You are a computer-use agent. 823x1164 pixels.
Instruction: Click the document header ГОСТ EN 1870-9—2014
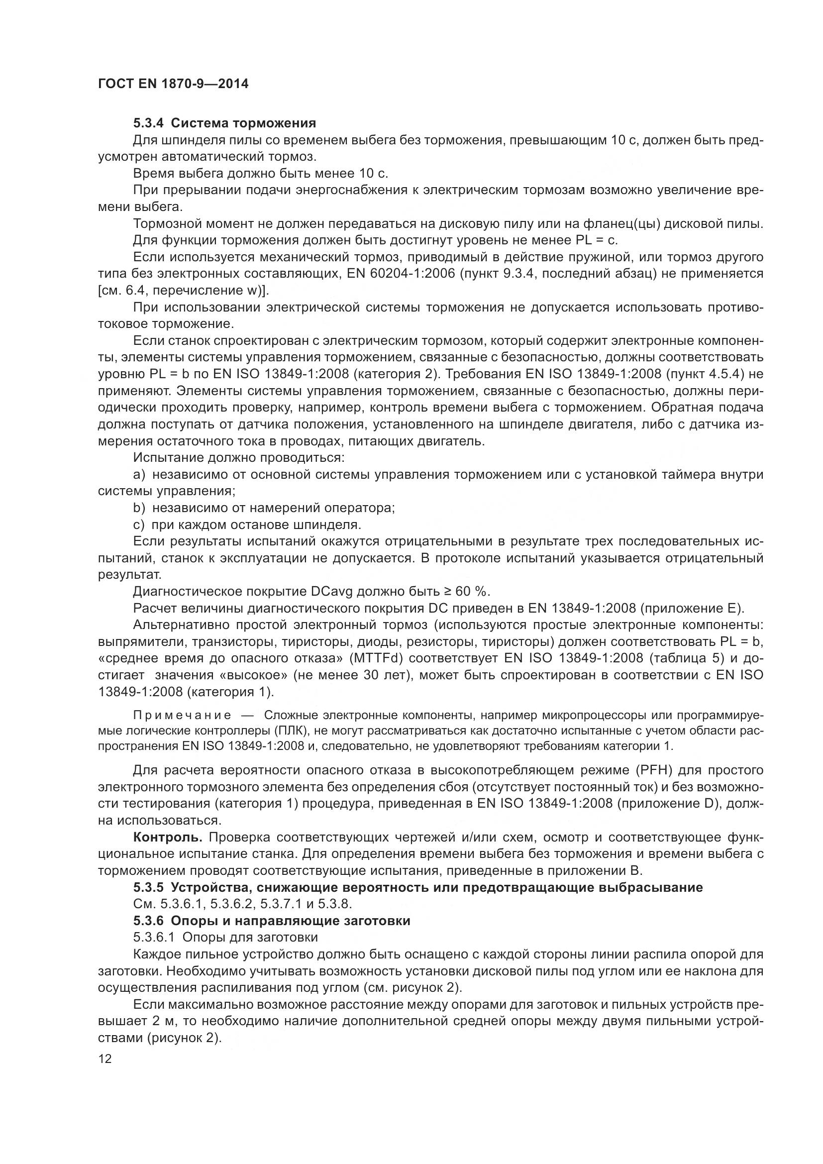173,84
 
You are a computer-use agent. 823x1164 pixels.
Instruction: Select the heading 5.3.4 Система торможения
224,123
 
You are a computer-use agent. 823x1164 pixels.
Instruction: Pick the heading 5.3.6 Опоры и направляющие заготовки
272,921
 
